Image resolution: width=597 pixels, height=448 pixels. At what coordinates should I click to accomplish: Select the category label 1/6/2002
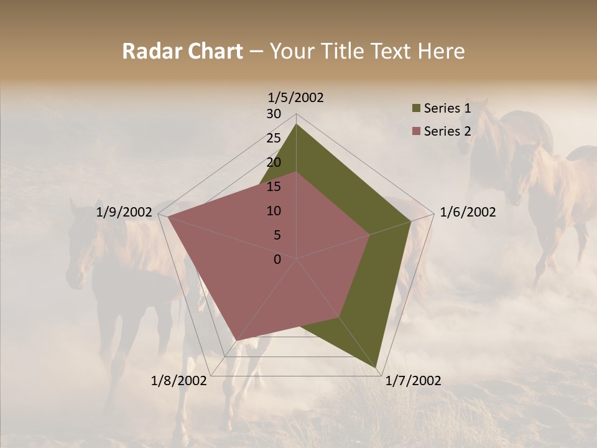[x=468, y=212]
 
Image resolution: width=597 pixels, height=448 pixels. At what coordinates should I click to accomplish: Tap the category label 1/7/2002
[x=413, y=381]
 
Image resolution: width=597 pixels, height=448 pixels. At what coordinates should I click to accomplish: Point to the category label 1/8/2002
[x=179, y=381]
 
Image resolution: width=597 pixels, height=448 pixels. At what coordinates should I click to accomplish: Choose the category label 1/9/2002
[x=124, y=212]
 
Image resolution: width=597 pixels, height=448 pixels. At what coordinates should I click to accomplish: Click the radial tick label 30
[x=274, y=114]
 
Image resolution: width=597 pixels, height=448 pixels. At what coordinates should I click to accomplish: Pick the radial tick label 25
[x=274, y=138]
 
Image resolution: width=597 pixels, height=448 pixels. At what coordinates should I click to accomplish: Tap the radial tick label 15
[x=274, y=187]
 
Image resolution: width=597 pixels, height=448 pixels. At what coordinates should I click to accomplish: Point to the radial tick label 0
[x=277, y=259]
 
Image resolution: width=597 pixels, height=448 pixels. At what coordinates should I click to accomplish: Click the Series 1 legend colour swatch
[x=416, y=109]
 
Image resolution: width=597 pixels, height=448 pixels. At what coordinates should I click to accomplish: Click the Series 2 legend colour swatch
[x=416, y=131]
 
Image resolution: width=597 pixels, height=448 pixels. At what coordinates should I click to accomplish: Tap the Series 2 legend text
[x=447, y=131]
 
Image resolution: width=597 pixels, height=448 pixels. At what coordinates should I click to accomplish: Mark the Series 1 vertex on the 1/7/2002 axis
[x=376, y=368]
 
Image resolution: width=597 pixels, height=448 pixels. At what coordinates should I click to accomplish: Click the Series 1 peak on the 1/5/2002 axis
[x=296, y=124]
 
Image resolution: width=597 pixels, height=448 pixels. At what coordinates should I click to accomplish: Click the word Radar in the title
[x=150, y=51]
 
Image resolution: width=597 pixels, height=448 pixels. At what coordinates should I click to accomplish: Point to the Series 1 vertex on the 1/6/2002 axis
[x=411, y=221]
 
